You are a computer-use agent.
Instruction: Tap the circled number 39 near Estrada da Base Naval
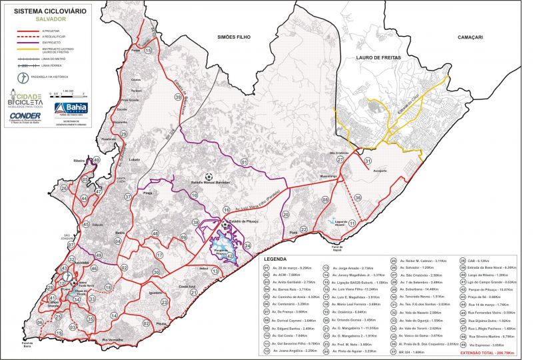click(x=178, y=97)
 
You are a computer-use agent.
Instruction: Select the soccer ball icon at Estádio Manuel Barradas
click(x=209, y=177)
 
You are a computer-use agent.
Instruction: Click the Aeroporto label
click(x=380, y=170)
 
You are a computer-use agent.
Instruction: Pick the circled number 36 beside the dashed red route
click(x=358, y=197)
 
